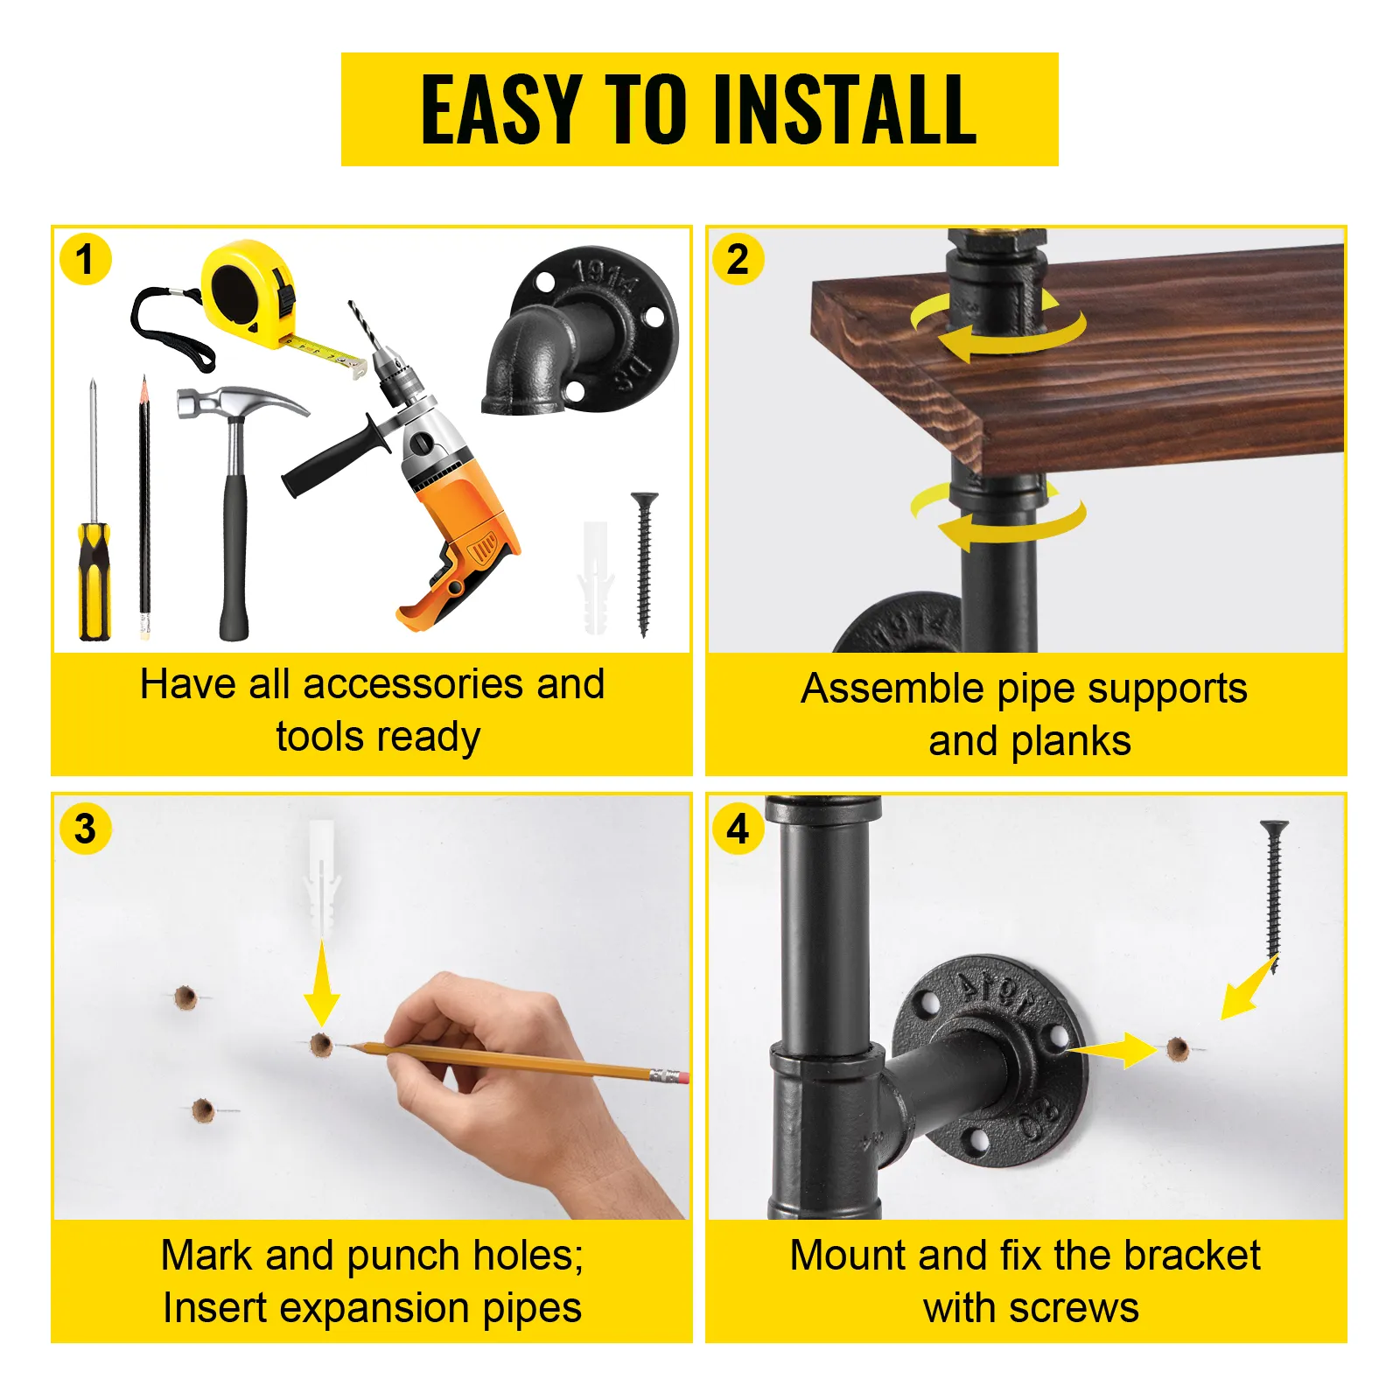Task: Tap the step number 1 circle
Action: [85, 260]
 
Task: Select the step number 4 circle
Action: [738, 829]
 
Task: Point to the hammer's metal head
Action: [236, 404]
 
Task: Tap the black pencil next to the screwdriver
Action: [144, 507]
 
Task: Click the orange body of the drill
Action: [464, 525]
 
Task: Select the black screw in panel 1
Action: [645, 560]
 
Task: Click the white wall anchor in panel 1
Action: [595, 577]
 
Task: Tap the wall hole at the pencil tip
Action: [321, 1044]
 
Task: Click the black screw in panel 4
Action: [1274, 892]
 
